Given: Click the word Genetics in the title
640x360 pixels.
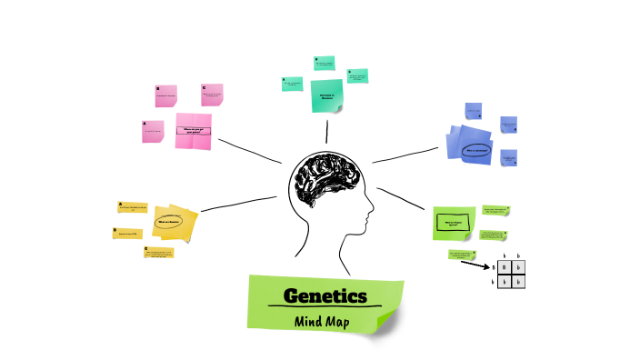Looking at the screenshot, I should click(x=325, y=296).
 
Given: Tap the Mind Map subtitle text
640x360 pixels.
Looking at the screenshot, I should click(x=324, y=320).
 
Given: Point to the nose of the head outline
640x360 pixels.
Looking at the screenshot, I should click(x=371, y=215).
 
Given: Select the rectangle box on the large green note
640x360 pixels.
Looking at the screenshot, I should click(x=454, y=221).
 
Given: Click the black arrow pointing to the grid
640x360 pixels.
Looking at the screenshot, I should click(x=475, y=265).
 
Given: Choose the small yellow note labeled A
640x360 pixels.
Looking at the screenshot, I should click(x=133, y=208).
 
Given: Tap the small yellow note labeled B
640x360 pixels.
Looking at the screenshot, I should click(x=128, y=234).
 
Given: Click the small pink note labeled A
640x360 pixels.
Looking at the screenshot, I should click(x=153, y=133).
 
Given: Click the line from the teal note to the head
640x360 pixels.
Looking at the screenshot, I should click(x=327, y=133).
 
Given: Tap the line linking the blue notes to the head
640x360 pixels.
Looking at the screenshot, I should click(x=406, y=155).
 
